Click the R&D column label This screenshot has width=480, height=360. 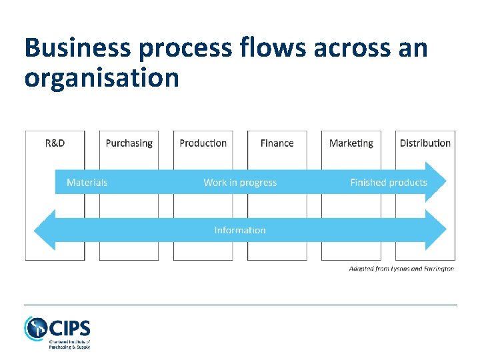[55, 143]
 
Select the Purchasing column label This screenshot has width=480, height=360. [129, 143]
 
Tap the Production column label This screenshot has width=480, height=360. [203, 143]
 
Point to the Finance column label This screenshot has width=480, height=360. [277, 143]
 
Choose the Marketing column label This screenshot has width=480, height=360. [351, 143]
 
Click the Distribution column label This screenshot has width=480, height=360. [425, 143]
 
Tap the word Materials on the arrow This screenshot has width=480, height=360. [87, 183]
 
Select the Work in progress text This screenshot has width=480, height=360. [240, 183]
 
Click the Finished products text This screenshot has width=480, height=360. [389, 183]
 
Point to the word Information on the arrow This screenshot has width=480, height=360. [240, 230]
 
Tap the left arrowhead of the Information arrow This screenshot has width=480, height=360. [43, 230]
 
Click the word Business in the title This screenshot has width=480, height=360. [74, 49]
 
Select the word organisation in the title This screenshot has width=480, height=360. [101, 78]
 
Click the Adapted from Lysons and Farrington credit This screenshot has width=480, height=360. [401, 269]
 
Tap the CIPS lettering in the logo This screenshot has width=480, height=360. [69, 328]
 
